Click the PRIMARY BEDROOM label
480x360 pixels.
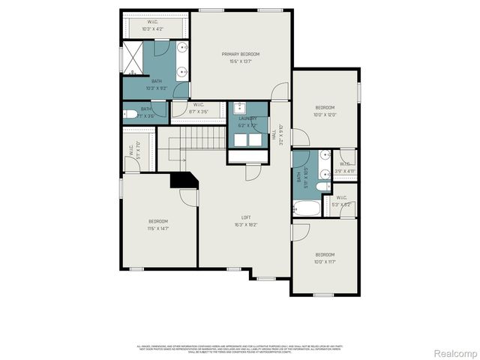240,54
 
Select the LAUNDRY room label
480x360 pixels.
247,118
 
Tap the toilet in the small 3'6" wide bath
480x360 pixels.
133,115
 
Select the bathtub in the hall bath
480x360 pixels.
307,207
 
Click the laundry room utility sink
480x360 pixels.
240,107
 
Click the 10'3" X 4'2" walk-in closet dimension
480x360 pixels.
152,29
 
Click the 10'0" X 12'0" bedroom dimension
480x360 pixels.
326,115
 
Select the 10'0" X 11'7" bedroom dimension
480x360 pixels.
326,262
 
